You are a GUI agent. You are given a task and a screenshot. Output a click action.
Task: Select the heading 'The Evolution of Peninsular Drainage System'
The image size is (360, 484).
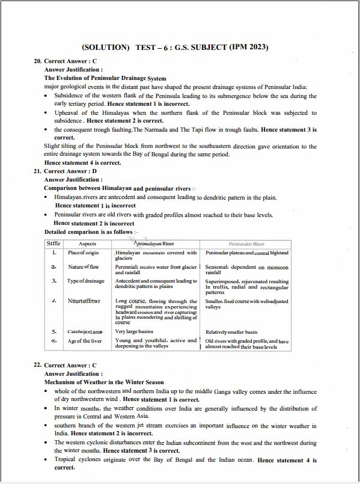pos(105,78)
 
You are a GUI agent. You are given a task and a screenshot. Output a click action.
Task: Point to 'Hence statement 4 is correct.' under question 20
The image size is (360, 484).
pos(82,163)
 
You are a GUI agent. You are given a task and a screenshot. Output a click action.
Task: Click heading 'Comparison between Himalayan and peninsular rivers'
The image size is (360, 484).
pos(117,188)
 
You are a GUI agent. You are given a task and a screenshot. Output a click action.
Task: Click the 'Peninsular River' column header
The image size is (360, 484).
pos(246,244)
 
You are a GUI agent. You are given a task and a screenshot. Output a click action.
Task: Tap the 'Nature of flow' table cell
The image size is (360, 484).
pos(84,267)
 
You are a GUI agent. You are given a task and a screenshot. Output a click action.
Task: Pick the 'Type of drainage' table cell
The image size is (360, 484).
pos(86,281)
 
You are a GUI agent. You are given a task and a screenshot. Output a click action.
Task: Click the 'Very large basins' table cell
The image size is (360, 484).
pos(134,331)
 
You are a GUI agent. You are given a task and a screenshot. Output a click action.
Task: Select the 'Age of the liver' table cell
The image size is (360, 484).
pos(85,341)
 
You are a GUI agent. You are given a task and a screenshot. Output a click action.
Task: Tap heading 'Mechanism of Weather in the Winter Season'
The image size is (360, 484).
pos(104,382)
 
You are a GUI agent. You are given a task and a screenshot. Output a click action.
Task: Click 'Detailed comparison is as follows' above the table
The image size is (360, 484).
pos(90,231)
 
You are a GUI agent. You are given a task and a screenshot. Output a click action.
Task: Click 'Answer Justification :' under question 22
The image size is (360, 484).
pos(73,373)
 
